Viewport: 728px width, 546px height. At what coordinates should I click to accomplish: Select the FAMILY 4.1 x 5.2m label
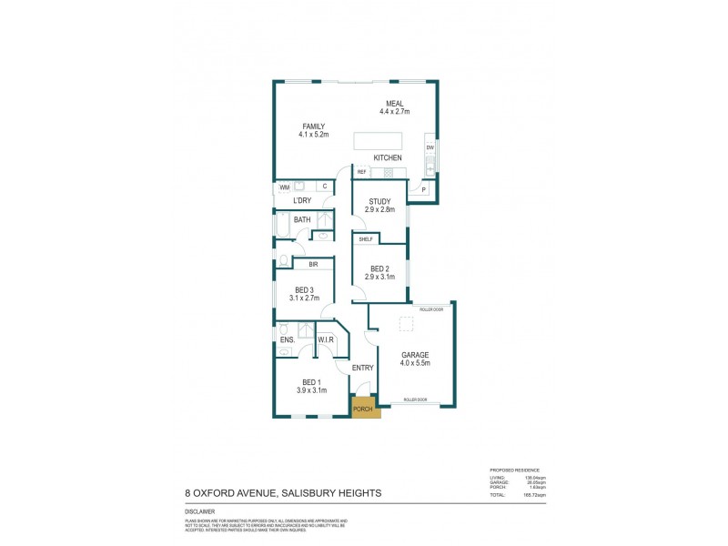point(314,130)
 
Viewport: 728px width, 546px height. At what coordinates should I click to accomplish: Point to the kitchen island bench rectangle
point(378,142)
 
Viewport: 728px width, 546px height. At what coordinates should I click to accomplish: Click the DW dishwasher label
point(430,147)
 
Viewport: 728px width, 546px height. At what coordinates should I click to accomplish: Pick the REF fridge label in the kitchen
point(361,172)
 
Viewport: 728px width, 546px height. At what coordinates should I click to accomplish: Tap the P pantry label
point(423,189)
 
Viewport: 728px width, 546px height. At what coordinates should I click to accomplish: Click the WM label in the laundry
point(284,187)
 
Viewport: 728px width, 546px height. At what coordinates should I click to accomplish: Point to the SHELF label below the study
point(366,239)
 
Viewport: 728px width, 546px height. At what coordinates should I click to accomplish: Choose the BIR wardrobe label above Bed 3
point(313,265)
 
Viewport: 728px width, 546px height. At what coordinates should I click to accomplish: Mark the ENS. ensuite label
point(287,340)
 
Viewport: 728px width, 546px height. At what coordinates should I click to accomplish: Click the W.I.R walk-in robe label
point(326,340)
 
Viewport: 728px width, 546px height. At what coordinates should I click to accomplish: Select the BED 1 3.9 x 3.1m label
point(312,386)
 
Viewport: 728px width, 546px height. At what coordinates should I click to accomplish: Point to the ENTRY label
point(363,368)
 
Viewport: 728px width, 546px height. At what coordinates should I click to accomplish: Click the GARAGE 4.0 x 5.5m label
point(415,359)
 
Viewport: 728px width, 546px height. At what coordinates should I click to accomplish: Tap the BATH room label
point(302,219)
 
